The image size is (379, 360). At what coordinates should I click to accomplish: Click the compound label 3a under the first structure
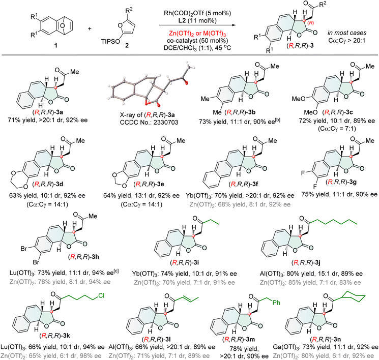point(60,112)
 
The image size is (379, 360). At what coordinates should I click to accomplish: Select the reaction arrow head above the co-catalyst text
point(234,25)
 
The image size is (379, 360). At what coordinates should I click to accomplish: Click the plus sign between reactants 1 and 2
point(90,29)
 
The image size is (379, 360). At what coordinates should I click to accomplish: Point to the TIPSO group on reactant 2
point(110,42)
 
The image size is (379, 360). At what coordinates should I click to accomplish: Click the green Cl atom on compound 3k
point(101,296)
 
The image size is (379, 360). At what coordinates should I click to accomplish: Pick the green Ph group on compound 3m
point(276,302)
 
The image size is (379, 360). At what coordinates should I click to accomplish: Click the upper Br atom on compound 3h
point(24,248)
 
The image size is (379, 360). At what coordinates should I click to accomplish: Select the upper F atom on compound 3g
point(303,173)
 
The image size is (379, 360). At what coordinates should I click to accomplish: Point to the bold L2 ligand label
point(182,20)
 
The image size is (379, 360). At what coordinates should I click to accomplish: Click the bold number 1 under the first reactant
point(56,45)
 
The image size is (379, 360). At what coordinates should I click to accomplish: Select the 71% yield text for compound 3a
point(22,120)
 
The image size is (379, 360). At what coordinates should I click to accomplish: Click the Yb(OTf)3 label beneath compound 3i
point(145,274)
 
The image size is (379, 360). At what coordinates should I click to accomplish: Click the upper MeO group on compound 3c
point(298,99)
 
